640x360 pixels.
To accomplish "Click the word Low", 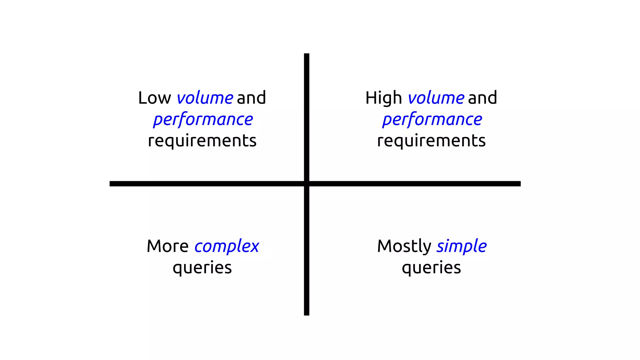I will [154, 98].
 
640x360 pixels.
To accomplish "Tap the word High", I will [383, 98].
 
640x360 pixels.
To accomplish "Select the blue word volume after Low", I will [205, 98].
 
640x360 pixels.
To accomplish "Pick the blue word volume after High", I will [436, 98].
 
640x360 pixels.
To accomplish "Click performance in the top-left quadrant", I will [203, 120].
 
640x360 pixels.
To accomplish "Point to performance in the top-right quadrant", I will [432, 120].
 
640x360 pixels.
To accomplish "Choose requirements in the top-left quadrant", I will [202, 141].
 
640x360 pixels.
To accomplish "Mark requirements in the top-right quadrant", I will [431, 141].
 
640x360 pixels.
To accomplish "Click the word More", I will [167, 246].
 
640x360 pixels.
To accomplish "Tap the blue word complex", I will [227, 247].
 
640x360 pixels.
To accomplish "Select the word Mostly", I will [404, 247].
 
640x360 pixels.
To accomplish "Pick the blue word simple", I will [462, 247].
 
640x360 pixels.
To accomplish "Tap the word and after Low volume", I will [251, 98].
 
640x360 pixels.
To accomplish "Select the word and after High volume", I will [482, 98].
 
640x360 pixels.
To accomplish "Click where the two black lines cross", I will [307, 184].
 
